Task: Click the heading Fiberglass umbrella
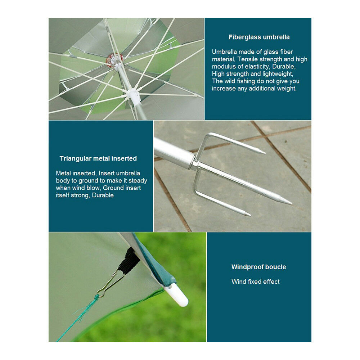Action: pos(259,37)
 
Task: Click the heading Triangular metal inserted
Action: pos(98,158)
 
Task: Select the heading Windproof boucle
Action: pos(259,267)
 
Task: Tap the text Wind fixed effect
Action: pos(256,282)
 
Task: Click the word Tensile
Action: pos(247,59)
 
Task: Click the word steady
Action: pos(138,181)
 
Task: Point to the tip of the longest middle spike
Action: pos(292,204)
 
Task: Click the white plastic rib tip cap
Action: pos(176,296)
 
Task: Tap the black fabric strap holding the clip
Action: pos(129,261)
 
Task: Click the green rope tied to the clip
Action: pos(78,318)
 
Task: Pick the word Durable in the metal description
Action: pos(103,195)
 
